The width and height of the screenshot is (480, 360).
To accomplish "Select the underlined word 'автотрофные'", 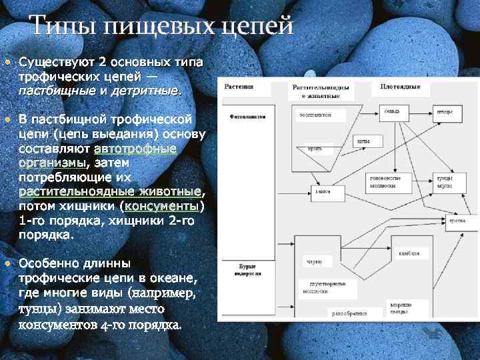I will point(135,149).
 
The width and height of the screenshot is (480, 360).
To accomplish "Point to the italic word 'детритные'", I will point(145,89).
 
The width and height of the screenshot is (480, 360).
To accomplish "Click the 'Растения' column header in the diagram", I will point(239,87).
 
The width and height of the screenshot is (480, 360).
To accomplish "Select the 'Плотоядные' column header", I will point(400,87).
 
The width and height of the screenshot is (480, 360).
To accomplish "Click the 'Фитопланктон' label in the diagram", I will point(247,115).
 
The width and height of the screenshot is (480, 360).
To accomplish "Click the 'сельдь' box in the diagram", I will point(392,111).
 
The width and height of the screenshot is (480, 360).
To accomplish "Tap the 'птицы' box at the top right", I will point(445,113).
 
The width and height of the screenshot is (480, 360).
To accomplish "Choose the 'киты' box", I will point(363,141).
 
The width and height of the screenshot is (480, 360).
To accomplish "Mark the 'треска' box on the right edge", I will point(457,220).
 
